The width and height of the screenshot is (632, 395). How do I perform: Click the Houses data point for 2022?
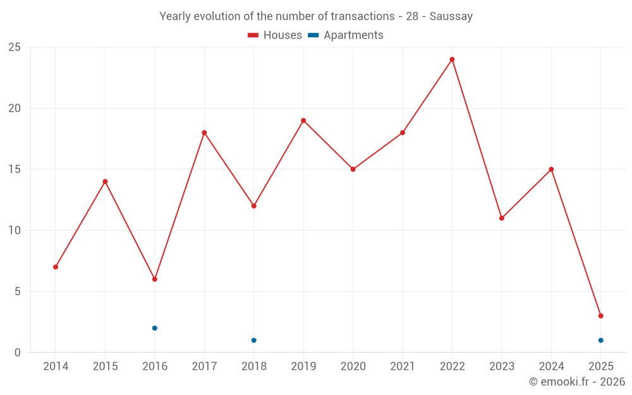452,59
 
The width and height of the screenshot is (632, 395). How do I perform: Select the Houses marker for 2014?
56,267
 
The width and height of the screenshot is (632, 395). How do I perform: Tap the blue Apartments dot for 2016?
155,328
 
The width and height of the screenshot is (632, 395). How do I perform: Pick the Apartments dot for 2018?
254,340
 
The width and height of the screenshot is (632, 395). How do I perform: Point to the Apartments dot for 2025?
600,340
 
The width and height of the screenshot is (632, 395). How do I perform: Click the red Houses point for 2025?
600,316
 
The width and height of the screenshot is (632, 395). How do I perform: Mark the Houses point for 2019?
303,121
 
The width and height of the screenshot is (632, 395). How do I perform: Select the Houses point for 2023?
502,218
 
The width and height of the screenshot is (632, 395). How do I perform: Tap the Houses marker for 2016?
155,279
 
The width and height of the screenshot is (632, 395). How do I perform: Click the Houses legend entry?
276,35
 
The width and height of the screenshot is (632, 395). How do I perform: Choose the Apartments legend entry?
346,35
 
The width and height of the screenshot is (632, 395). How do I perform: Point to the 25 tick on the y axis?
15,47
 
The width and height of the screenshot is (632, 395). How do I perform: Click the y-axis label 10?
15,231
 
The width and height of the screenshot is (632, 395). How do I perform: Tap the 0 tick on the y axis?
18,353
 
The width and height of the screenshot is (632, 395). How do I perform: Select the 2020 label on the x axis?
353,367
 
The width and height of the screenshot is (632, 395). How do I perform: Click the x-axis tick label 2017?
204,367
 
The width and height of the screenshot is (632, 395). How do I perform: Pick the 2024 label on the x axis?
551,367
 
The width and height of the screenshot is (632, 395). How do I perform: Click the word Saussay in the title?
451,16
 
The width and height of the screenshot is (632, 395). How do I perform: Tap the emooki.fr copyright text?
577,382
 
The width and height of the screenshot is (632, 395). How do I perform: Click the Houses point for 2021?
403,133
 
